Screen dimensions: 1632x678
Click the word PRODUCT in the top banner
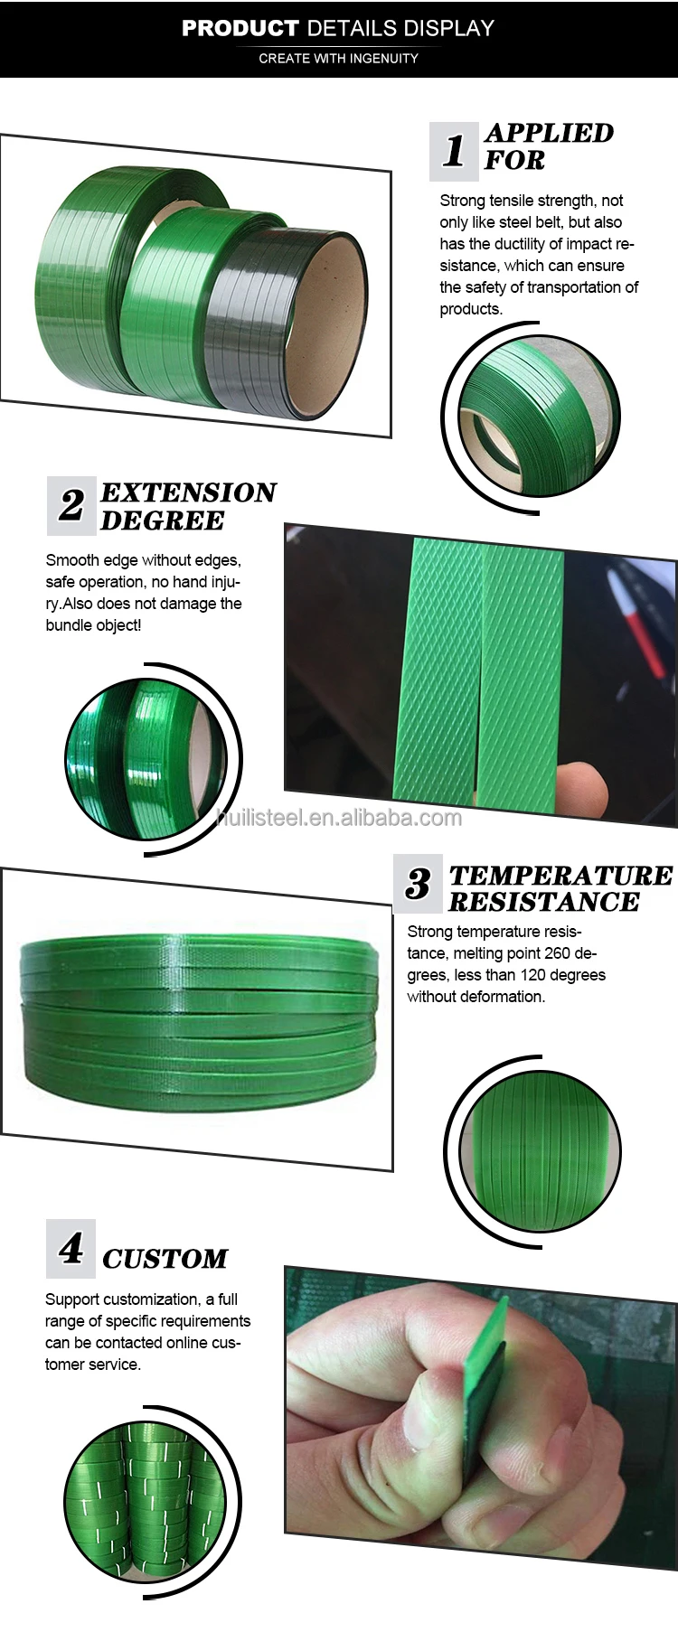point(240,28)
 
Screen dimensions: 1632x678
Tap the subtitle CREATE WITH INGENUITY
point(338,58)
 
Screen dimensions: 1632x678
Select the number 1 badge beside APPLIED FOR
point(453,150)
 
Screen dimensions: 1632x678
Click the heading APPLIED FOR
point(548,146)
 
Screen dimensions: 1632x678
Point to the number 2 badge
point(71,505)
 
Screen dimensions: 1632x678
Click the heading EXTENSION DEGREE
point(187,506)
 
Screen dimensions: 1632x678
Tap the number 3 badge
point(418,884)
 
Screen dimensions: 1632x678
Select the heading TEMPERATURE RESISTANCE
point(560,888)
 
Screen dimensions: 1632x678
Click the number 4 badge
point(71,1249)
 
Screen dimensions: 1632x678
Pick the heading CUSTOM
point(165,1259)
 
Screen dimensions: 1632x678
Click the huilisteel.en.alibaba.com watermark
point(339,818)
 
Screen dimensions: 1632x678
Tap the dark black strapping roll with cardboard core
point(289,321)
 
